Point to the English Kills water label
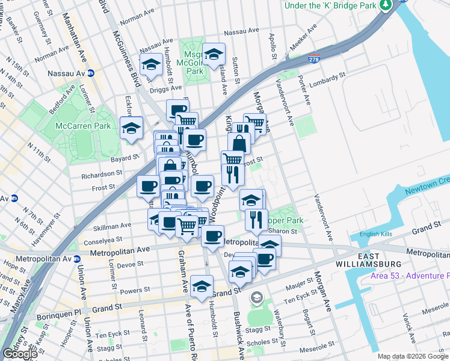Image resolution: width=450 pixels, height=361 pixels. (376, 234)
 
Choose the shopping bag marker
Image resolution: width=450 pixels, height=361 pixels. (239, 143)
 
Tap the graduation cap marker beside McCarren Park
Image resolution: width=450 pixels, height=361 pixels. (131, 128)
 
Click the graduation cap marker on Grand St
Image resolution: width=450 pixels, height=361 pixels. (202, 286)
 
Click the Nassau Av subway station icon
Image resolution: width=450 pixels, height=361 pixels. (91, 73)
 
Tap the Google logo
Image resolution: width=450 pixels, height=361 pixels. (20, 354)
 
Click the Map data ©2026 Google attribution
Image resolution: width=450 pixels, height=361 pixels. (413, 356)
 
